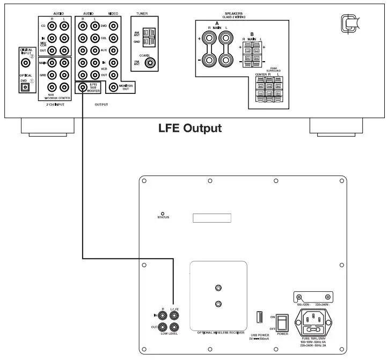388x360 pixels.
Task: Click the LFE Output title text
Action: (189, 129)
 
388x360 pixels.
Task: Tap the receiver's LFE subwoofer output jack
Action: (83, 87)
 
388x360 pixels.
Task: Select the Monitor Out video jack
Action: (113, 87)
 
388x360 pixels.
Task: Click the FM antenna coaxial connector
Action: (152, 63)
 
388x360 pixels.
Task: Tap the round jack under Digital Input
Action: (24, 62)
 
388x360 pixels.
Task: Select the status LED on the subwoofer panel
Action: (163, 213)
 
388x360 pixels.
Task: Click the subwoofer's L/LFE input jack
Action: (174, 317)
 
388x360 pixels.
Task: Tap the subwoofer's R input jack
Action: (160, 317)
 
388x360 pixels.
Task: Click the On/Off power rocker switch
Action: (280, 321)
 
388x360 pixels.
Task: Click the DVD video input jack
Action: (113, 26)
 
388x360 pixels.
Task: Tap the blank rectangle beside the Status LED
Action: (212, 218)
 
